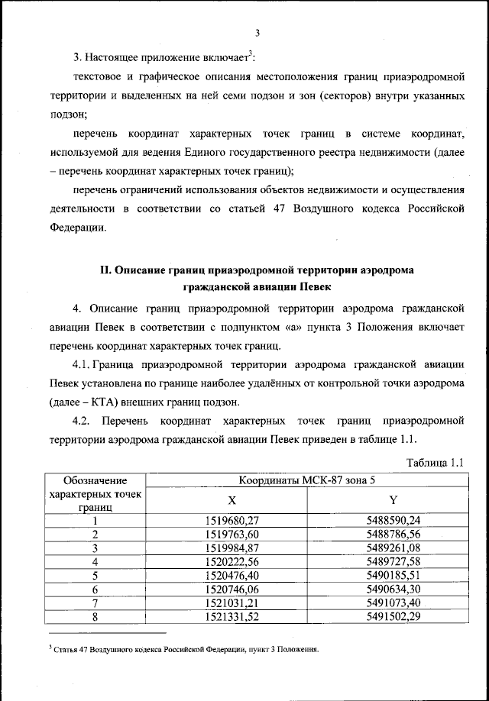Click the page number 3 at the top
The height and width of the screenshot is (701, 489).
[257, 32]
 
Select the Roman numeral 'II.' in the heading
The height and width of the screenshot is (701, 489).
[109, 270]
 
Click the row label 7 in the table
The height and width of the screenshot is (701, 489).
[96, 602]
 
